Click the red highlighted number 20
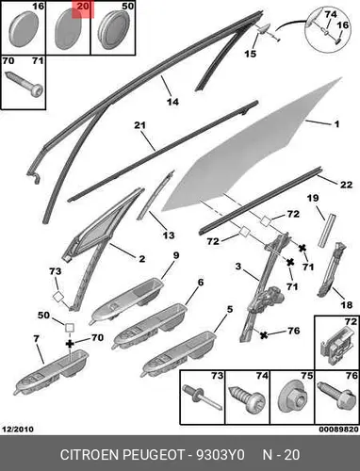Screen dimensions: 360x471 [83, 7]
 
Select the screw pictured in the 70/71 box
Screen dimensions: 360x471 [24, 85]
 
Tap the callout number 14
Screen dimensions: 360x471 [172, 102]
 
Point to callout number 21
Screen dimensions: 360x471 [140, 125]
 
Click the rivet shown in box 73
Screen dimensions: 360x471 [202, 398]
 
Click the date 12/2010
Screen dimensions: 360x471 [18, 429]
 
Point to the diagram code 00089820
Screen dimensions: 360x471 [339, 430]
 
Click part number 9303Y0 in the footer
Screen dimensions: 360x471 [221, 454]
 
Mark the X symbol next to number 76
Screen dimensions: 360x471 [264, 335]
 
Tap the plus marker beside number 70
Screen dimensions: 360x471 [70, 344]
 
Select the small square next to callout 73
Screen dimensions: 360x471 [57, 297]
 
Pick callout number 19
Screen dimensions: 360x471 [313, 198]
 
